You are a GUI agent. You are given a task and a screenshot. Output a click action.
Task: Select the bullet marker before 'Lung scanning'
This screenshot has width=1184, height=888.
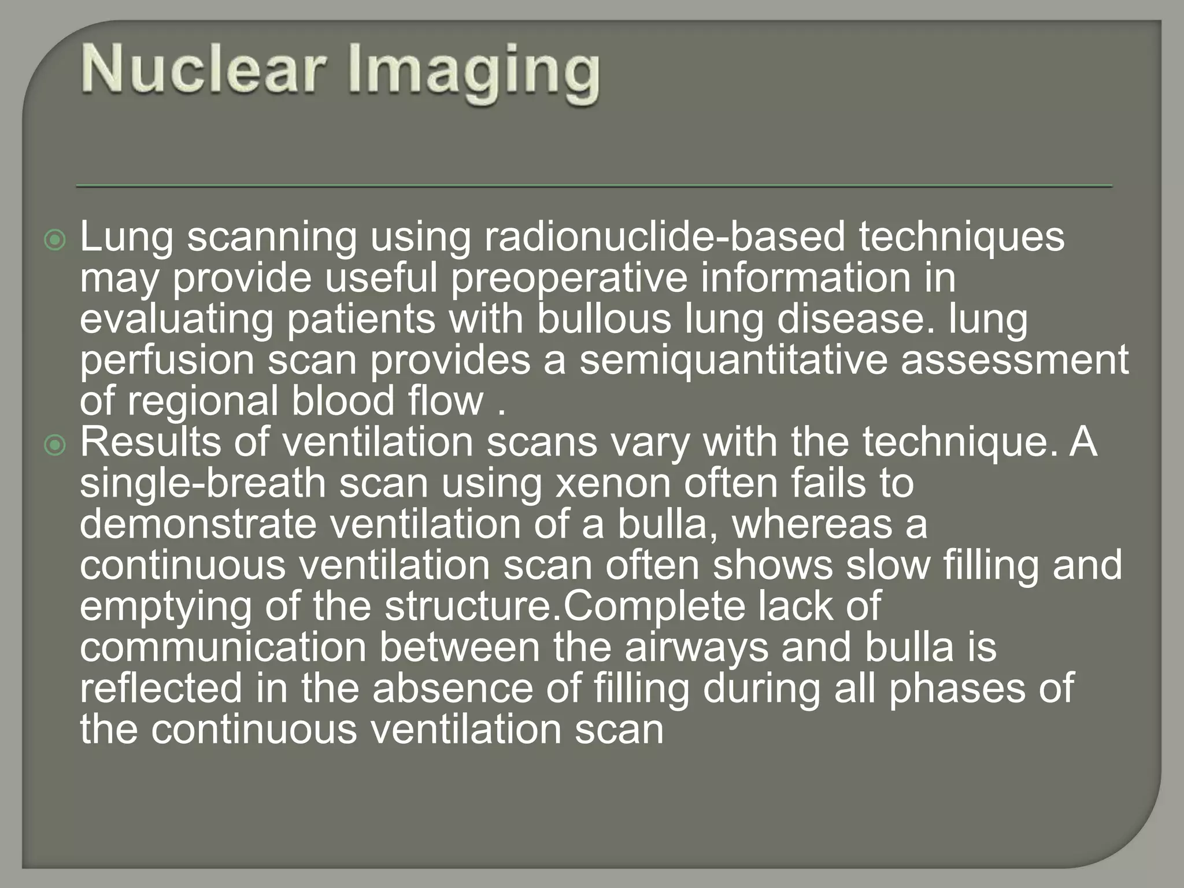point(55,239)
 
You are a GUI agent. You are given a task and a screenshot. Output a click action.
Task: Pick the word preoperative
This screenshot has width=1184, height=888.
point(569,279)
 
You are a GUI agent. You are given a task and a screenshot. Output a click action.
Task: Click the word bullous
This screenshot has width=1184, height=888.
point(604,319)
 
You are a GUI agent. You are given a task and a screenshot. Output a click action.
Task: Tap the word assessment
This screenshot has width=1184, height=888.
point(1015,360)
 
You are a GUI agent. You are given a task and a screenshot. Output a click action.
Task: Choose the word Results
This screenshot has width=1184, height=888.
point(150,442)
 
